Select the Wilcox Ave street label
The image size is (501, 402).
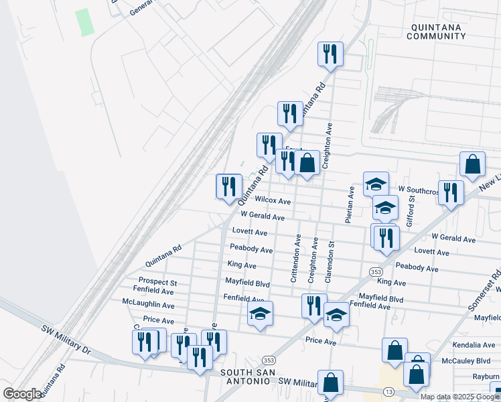[273, 201]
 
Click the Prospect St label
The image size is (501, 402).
[157, 282]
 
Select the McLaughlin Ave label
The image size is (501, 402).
[149, 304]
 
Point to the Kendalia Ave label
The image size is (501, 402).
[474, 345]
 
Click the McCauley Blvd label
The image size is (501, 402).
[474, 360]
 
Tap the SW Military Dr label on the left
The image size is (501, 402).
[66, 338]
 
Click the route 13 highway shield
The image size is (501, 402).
[388, 391]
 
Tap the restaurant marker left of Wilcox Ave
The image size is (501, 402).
[229, 186]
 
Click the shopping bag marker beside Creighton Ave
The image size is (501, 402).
[307, 163]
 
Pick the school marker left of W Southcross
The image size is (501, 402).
[376, 184]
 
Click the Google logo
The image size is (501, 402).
[22, 394]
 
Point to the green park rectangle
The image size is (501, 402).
[84, 22]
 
